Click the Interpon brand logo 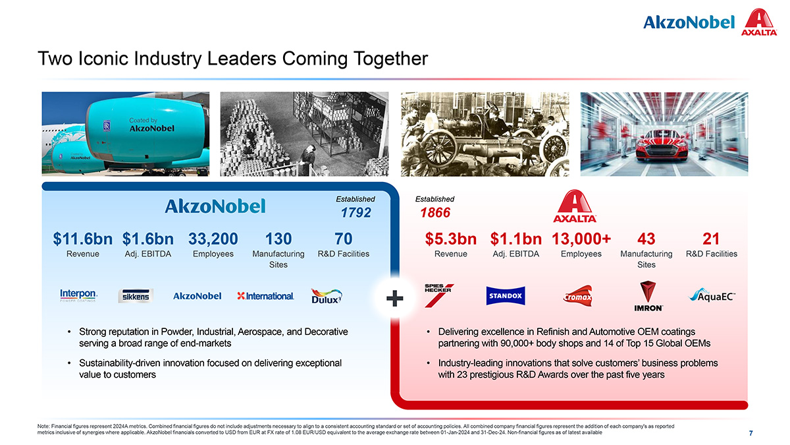coord(78,295)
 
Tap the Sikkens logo coord(136,296)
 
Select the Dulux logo coord(327,296)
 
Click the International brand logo coord(265,296)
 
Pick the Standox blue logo coord(506,295)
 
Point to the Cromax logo coord(578,296)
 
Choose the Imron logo coord(648,296)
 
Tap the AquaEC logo coord(712,295)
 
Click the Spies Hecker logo coord(438,295)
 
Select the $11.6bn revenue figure coord(82,239)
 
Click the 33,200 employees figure coord(213,239)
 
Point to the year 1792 coord(356,212)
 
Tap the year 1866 coord(435,212)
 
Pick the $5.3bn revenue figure coord(451,239)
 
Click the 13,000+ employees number coord(581,239)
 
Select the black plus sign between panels coord(394,299)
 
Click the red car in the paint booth coord(662,145)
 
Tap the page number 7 coord(750,433)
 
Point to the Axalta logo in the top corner coord(759,22)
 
